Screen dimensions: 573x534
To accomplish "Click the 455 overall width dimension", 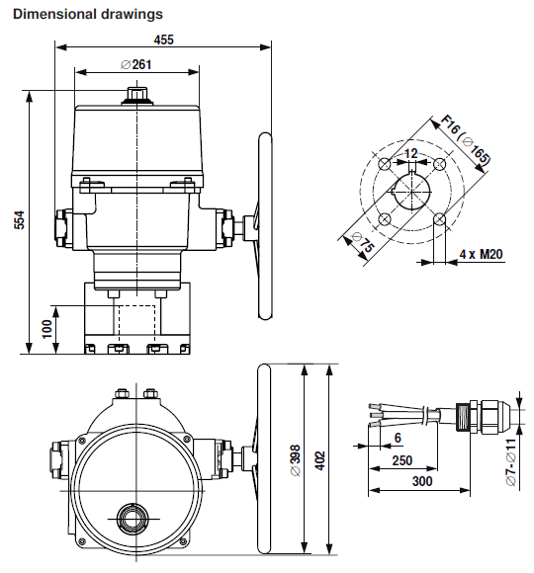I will [164, 39].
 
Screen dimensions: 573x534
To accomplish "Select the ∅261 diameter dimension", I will [135, 64].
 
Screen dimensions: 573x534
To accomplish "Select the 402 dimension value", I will [319, 461].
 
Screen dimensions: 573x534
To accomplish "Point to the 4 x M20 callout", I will [482, 254].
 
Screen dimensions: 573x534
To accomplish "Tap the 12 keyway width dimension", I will [411, 154].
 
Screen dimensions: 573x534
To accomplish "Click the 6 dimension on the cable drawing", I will [398, 437].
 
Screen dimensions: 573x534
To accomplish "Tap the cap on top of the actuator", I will [135, 97].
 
